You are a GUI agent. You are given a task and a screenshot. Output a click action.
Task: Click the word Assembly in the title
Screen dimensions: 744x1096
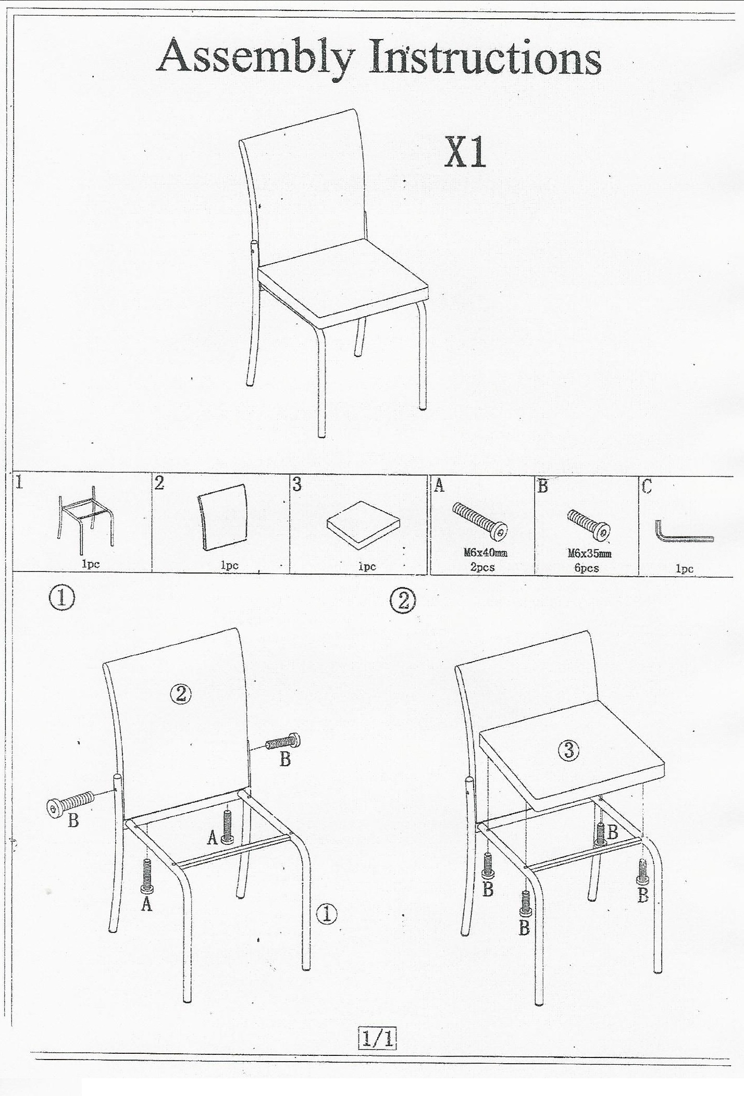256,58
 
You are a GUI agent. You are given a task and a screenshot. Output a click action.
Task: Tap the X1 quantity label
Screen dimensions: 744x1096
465,153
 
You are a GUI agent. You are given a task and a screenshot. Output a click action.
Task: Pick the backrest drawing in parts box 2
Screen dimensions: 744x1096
222,517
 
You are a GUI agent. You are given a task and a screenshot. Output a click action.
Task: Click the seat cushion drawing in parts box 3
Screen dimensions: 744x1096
364,521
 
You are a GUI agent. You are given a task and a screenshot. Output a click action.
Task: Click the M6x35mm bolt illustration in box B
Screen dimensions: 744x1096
589,524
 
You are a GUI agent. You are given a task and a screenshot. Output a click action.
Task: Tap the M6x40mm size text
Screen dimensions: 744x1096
486,553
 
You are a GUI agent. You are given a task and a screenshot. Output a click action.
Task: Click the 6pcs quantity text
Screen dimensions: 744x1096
586,568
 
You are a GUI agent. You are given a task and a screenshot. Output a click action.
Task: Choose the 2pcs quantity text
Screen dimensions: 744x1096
482,567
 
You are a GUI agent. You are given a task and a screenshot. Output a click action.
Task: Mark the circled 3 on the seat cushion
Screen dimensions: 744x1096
569,750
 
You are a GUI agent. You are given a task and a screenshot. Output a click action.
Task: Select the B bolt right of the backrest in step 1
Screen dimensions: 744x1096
283,741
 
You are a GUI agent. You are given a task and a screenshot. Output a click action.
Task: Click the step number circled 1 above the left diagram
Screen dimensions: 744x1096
61,598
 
